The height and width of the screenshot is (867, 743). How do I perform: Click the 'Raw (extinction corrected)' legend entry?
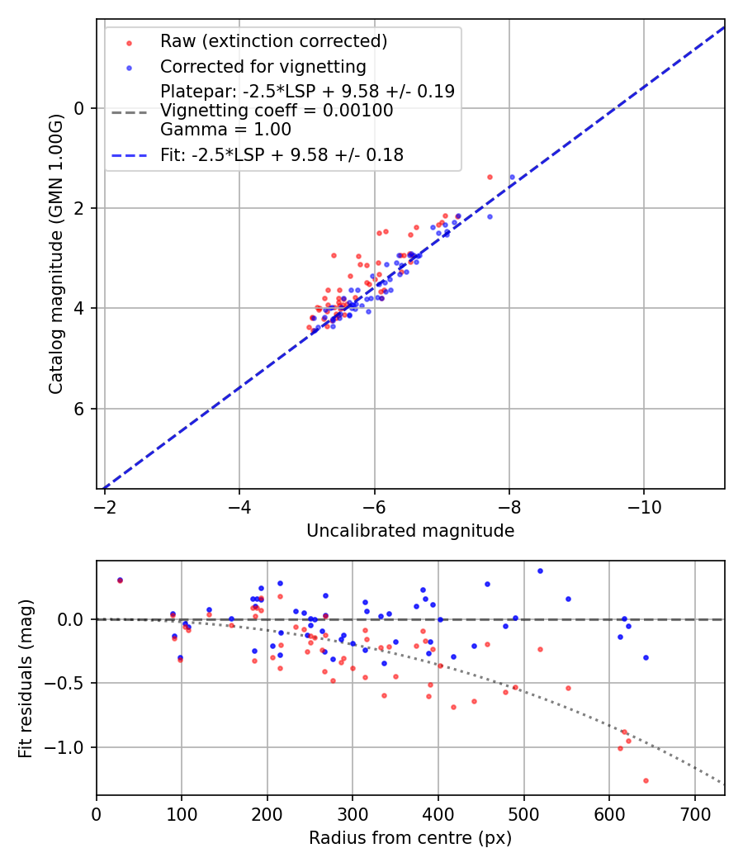click(273, 41)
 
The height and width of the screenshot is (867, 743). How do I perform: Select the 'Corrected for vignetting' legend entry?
click(263, 66)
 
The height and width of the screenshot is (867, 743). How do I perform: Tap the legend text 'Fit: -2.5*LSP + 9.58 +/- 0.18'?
click(282, 154)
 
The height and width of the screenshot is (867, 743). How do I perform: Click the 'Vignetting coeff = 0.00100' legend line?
click(276, 111)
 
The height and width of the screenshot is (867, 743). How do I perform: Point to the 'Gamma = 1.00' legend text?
click(225, 130)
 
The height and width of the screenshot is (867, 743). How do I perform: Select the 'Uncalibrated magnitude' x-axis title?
click(410, 531)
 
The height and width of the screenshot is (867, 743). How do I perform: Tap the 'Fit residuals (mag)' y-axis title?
click(26, 677)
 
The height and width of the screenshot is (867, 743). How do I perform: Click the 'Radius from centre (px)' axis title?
click(410, 838)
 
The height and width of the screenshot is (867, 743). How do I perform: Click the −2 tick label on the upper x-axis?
click(105, 505)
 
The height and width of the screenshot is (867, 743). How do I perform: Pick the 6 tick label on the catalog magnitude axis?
click(79, 409)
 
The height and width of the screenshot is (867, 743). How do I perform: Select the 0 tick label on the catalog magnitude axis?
click(79, 108)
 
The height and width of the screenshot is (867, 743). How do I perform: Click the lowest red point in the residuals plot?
click(646, 780)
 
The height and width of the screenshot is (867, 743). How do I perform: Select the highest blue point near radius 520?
click(540, 571)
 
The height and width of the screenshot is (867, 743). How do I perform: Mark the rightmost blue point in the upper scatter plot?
click(512, 177)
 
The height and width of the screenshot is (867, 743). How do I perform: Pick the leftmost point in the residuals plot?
click(120, 580)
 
